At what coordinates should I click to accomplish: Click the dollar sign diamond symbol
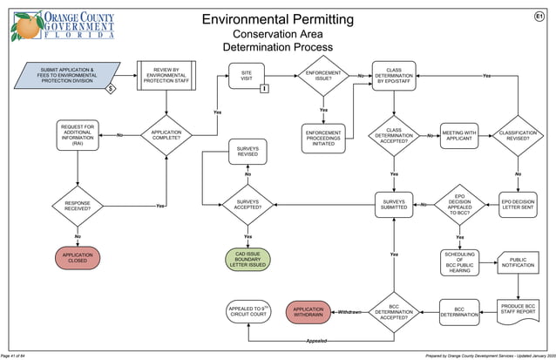tap(111, 89)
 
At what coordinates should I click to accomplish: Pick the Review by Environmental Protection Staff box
tap(164, 75)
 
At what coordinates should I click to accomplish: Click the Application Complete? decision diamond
tap(166, 135)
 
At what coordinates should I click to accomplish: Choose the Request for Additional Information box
tap(78, 135)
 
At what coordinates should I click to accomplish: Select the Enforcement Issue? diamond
tap(323, 75)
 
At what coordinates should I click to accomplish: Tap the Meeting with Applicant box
tap(459, 135)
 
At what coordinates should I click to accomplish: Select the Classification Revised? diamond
tap(518, 135)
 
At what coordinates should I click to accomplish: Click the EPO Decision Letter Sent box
tap(518, 206)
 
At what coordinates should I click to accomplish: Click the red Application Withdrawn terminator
tap(308, 311)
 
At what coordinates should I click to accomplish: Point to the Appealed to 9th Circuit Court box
tap(247, 311)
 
